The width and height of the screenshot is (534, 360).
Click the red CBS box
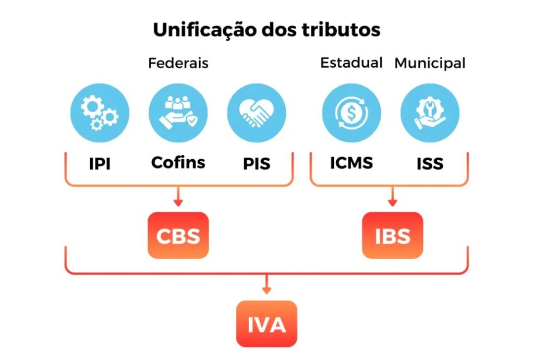[178, 235]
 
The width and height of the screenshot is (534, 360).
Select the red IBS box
[392, 235]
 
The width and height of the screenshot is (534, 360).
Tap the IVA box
[266, 324]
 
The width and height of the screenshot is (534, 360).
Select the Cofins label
[178, 162]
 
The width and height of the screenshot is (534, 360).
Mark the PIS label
[257, 164]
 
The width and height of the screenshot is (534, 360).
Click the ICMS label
[351, 163]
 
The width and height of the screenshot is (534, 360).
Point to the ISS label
[430, 164]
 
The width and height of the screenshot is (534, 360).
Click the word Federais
[178, 63]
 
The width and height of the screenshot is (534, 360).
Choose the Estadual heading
[351, 63]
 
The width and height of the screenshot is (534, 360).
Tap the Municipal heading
[430, 63]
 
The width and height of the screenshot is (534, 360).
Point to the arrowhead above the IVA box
[266, 290]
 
